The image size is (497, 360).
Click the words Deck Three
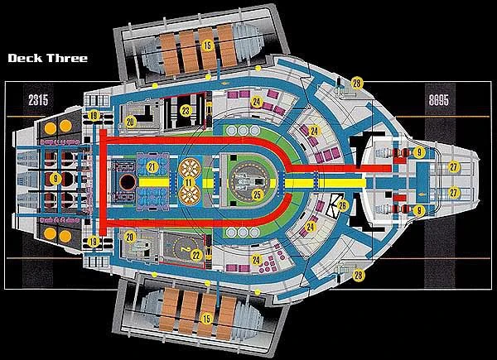(x=47, y=60)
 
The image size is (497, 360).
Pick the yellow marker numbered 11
(x=189, y=181)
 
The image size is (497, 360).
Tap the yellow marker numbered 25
(x=258, y=195)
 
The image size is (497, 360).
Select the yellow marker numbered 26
(x=342, y=204)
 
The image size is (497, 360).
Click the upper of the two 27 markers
(x=454, y=166)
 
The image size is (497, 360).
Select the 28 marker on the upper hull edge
(x=356, y=82)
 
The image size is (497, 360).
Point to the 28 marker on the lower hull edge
(x=359, y=275)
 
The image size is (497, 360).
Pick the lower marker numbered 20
(x=131, y=237)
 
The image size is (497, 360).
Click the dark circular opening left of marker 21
(x=127, y=181)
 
